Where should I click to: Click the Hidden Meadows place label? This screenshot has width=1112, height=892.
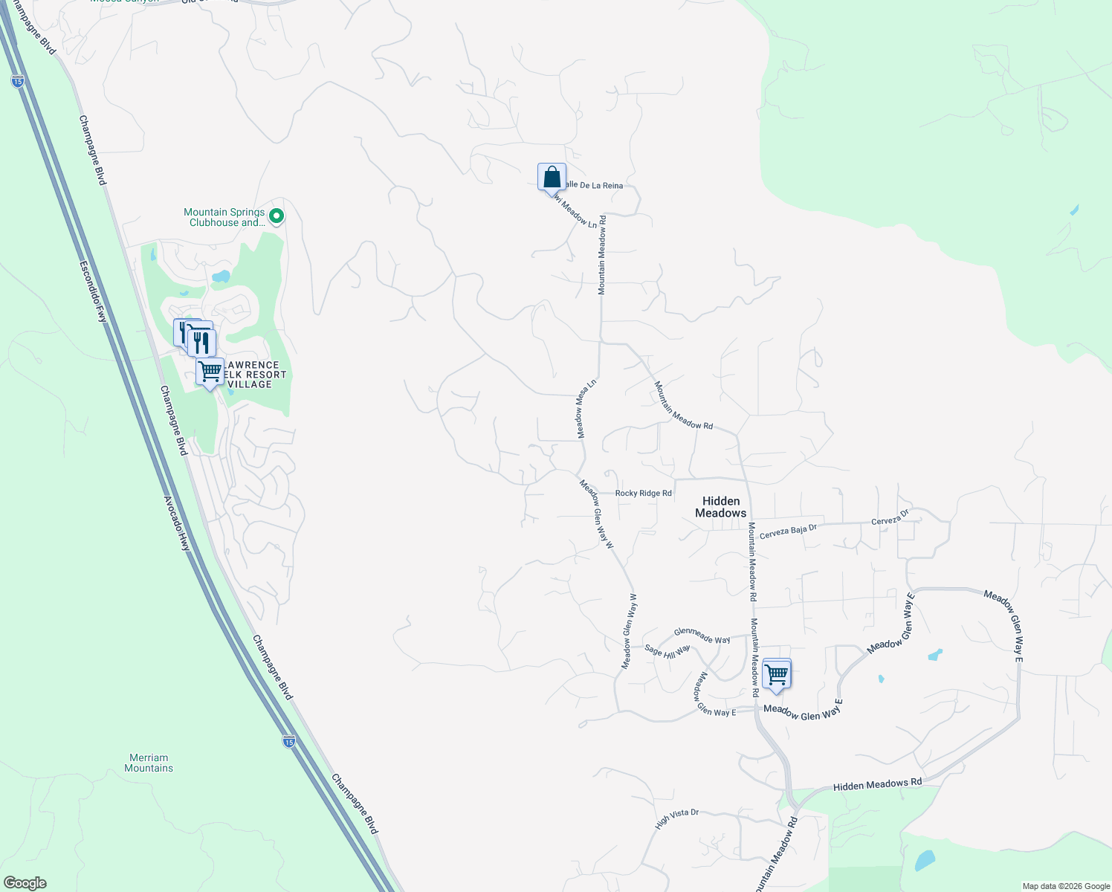(x=720, y=507)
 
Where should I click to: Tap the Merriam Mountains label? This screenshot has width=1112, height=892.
(x=149, y=763)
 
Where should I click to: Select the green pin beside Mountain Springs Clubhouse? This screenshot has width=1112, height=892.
(x=277, y=216)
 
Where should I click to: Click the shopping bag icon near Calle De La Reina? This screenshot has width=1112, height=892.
(x=552, y=178)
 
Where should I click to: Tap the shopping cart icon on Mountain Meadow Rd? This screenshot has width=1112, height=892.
(x=776, y=674)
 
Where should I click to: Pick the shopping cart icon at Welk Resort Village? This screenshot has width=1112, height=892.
(x=210, y=371)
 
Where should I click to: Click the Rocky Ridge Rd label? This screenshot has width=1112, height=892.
(x=643, y=493)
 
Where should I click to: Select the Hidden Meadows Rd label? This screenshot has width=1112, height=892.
(x=877, y=783)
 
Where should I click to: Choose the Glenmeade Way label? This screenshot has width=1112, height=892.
(x=702, y=636)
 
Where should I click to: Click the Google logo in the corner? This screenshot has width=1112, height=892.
(x=25, y=883)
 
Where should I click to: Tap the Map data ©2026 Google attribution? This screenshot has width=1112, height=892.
(x=1065, y=886)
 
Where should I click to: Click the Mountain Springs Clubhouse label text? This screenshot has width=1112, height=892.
(x=224, y=217)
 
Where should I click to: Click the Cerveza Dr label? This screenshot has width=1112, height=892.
(x=890, y=517)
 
